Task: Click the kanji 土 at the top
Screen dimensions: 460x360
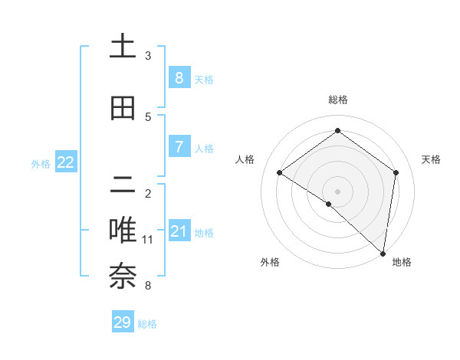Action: (123, 47)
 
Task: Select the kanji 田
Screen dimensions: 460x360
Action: (123, 108)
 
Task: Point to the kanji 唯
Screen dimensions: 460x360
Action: (123, 231)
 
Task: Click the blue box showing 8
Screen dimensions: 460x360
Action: (179, 77)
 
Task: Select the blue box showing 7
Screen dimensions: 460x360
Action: (179, 146)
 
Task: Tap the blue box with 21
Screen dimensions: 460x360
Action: (179, 231)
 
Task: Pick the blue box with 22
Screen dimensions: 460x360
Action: (66, 162)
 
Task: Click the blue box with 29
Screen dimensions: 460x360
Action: (123, 322)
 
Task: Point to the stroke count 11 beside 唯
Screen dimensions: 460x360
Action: (148, 240)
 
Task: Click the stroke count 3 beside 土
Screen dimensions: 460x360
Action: (148, 56)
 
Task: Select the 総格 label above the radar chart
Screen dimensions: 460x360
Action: (337, 100)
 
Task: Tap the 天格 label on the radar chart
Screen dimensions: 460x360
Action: (431, 159)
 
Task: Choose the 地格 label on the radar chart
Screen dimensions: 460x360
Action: (402, 262)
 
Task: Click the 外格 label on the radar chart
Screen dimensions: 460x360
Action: (270, 262)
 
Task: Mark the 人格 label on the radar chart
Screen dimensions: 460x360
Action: (245, 159)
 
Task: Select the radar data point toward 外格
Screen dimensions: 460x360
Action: (329, 204)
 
